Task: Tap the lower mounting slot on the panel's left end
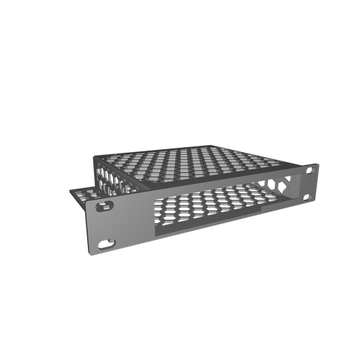[x=107, y=244]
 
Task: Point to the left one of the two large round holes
[x=269, y=186]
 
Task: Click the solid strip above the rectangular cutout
[x=209, y=184]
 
